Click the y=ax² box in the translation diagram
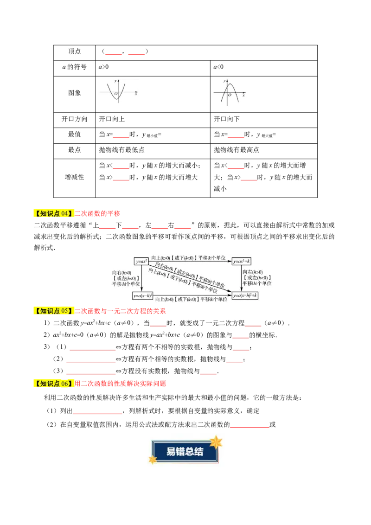click(141, 262)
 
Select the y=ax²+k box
click(242, 262)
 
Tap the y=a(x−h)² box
click(143, 295)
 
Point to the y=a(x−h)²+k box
click(245, 295)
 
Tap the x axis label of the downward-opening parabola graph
click(243, 95)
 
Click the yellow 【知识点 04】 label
click(54, 213)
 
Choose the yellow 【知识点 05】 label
click(54, 311)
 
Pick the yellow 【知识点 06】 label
click(54, 384)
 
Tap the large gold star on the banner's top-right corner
click(216, 442)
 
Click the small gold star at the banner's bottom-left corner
click(152, 460)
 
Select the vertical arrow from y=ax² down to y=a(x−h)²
click(141, 278)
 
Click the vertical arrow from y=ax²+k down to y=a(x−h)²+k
click(241, 278)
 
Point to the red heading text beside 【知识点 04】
click(98, 213)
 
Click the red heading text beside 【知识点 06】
click(120, 384)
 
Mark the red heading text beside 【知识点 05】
click(120, 311)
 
